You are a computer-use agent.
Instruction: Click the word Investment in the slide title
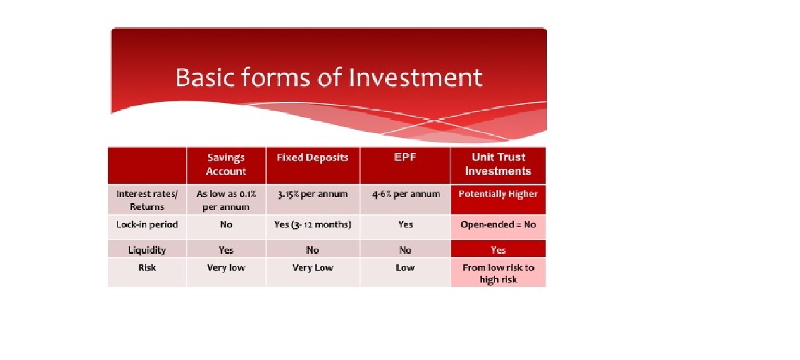(x=416, y=77)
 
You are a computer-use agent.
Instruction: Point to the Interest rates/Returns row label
(x=147, y=201)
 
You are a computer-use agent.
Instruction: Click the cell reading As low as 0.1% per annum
(x=226, y=201)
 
